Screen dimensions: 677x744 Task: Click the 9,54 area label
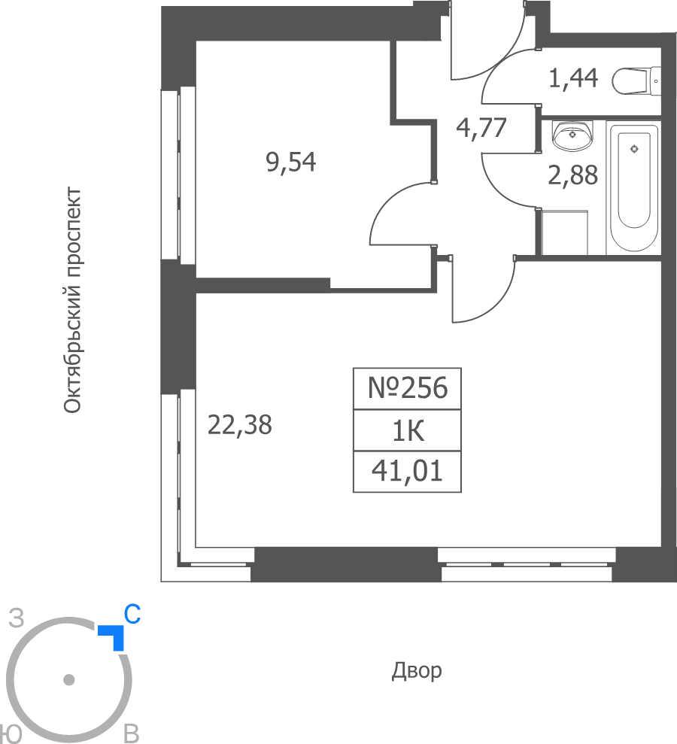[291, 162]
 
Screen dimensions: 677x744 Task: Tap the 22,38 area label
[240, 425]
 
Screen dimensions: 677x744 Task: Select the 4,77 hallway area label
[481, 128]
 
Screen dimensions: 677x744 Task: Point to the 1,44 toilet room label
[573, 78]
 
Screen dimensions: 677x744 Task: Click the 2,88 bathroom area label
[572, 175]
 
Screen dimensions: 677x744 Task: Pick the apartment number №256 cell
[408, 388]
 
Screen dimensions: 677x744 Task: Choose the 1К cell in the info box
[408, 430]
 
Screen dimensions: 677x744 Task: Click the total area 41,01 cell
[408, 472]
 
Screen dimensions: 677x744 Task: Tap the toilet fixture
[636, 81]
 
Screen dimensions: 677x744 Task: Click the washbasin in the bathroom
[572, 135]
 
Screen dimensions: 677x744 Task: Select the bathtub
[634, 188]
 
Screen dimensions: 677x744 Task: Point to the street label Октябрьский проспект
[72, 300]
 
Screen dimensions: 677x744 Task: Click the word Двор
[417, 671]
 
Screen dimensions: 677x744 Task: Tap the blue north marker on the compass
[114, 636]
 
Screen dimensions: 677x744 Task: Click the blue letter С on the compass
[132, 614]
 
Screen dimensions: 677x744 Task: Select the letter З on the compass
[17, 618]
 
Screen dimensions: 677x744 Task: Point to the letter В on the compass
[132, 733]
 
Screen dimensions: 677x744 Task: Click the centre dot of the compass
[68, 680]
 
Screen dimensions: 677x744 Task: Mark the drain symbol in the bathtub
[634, 149]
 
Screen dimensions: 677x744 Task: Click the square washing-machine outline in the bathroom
[564, 232]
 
